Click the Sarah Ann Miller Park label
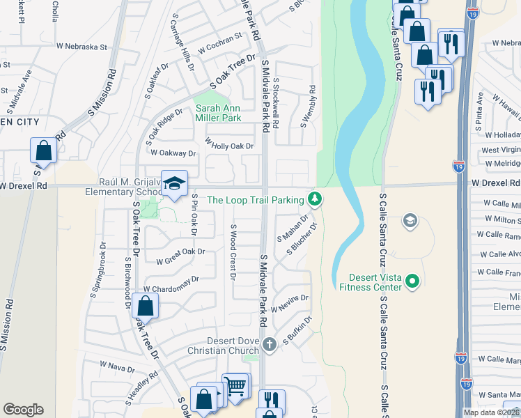point(218,113)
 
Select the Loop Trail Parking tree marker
point(316,200)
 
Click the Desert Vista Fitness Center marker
point(412,281)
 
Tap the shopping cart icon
point(236,385)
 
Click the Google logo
point(23,410)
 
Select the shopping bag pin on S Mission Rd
point(43,151)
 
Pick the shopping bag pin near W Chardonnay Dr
point(145,306)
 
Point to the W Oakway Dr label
point(173,153)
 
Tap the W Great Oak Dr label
point(181,256)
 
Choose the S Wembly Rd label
point(307,106)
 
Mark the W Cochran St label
point(220,49)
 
